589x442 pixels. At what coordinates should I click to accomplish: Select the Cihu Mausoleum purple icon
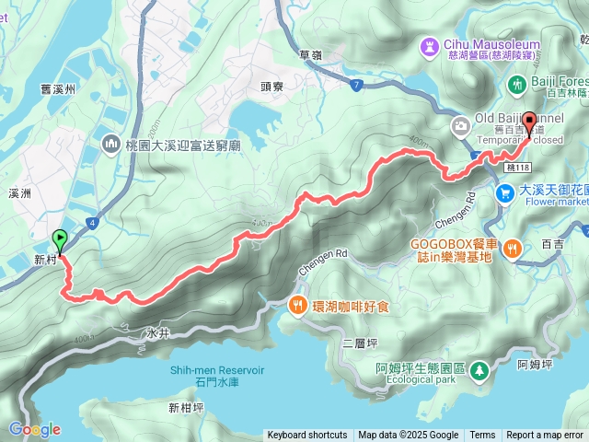pos(431,45)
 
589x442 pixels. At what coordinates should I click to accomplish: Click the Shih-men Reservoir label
pos(216,371)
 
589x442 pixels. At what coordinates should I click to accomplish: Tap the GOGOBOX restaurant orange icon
pos(514,247)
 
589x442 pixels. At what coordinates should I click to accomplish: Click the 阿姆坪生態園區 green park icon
pos(479,370)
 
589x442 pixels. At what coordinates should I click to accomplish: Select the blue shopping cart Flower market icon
pos(505,193)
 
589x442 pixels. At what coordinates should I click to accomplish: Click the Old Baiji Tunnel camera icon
pos(459,125)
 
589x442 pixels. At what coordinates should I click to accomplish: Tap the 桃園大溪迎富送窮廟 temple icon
pos(112,143)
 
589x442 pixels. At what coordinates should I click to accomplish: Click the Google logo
pos(34,429)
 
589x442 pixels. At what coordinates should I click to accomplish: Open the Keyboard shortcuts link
pos(307,436)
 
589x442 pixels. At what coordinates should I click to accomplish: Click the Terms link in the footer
pos(482,436)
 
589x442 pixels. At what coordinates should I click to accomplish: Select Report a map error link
pos(545,436)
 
